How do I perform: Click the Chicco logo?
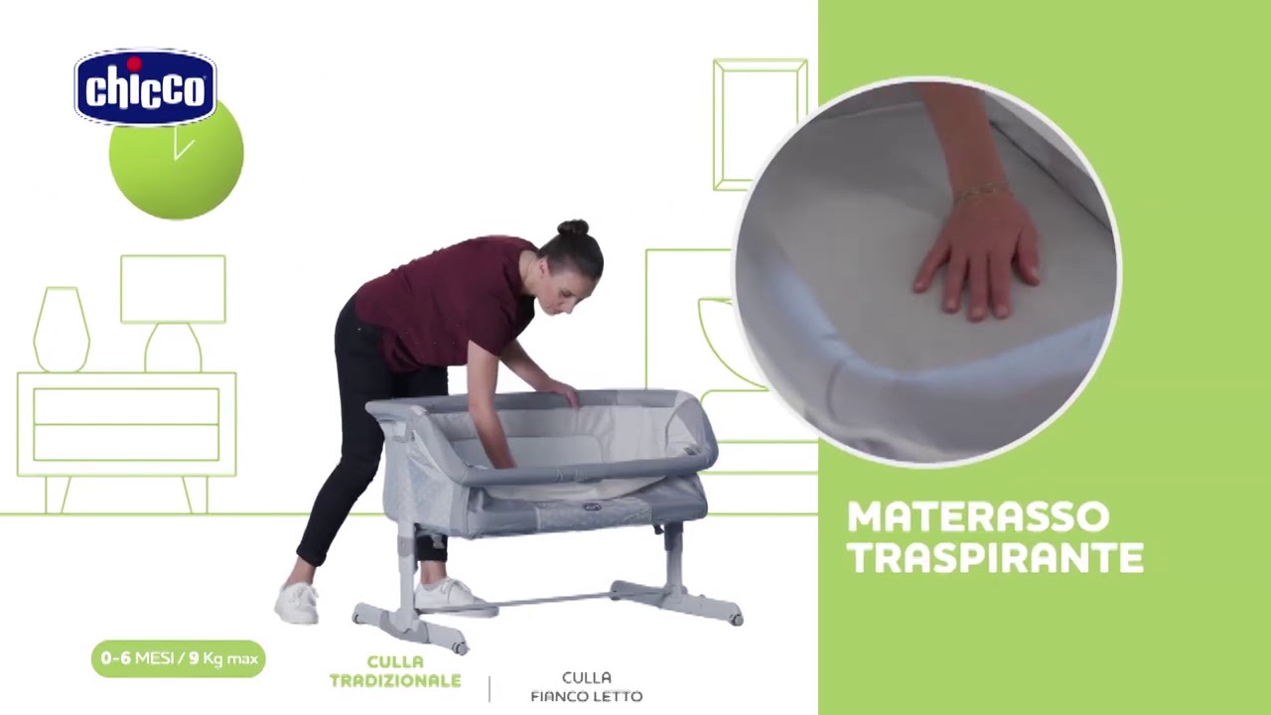pos(145,86)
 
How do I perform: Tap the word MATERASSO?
pos(978,516)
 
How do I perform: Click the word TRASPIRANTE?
pos(995,557)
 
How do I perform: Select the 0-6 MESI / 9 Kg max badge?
pos(178,658)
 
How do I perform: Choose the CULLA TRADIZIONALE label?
pos(395,671)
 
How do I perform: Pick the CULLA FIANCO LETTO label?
pos(587,687)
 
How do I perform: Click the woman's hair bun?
pos(573,227)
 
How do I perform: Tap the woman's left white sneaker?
pos(297,603)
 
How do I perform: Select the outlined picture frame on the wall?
pos(761,124)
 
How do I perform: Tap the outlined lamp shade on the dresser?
pos(173,289)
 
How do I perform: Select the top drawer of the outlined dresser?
pos(126,406)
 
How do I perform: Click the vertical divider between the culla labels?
pos(490,689)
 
